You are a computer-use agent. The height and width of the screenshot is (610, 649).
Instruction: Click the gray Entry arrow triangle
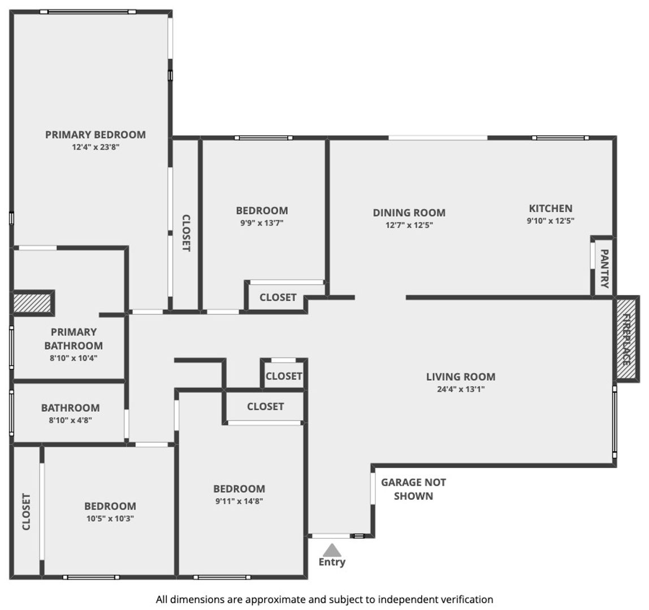click(x=332, y=550)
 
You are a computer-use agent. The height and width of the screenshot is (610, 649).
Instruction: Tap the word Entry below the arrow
click(x=332, y=562)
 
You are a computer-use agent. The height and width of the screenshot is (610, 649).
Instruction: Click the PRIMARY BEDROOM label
click(x=95, y=135)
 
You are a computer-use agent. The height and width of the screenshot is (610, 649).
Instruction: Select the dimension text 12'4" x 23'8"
click(x=96, y=147)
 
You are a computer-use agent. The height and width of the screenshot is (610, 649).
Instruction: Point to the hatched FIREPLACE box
click(x=626, y=339)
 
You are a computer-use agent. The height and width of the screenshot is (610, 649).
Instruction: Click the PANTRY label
click(x=604, y=268)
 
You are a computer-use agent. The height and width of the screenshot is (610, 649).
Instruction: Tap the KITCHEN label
click(x=551, y=208)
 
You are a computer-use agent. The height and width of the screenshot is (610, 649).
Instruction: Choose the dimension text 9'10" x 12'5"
click(x=551, y=221)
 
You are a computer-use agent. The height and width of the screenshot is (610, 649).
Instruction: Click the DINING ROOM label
click(x=409, y=213)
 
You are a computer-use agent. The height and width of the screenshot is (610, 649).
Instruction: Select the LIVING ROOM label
click(x=461, y=377)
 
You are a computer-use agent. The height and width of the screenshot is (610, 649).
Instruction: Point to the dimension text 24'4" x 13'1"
click(x=461, y=389)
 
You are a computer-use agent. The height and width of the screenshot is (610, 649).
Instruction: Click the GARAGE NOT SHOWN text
click(x=413, y=489)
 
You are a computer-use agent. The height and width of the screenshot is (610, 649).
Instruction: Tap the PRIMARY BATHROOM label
click(x=73, y=339)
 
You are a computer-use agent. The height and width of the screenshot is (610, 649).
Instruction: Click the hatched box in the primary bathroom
click(x=33, y=302)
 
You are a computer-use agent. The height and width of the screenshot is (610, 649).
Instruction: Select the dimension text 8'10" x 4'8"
click(x=70, y=421)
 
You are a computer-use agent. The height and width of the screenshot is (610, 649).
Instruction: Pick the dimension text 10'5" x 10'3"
click(x=110, y=518)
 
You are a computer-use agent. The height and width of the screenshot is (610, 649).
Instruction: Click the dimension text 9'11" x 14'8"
click(x=239, y=501)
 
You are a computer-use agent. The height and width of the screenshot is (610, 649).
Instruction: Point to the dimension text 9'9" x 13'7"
click(x=262, y=223)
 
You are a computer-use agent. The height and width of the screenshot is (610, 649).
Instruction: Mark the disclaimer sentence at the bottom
click(x=324, y=600)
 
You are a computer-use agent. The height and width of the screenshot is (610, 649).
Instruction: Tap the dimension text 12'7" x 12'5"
click(x=409, y=225)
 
